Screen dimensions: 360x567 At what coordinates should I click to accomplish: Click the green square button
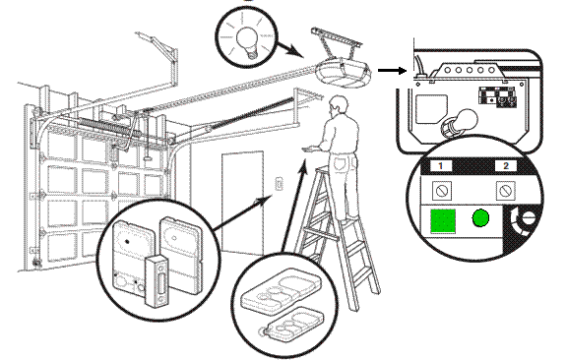click(441, 220)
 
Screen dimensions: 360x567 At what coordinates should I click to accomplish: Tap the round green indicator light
click(481, 220)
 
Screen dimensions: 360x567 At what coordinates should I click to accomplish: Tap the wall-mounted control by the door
click(280, 183)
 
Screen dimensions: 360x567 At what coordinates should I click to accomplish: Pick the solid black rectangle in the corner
click(480, 332)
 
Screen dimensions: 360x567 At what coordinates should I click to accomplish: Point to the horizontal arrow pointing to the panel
click(391, 71)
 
